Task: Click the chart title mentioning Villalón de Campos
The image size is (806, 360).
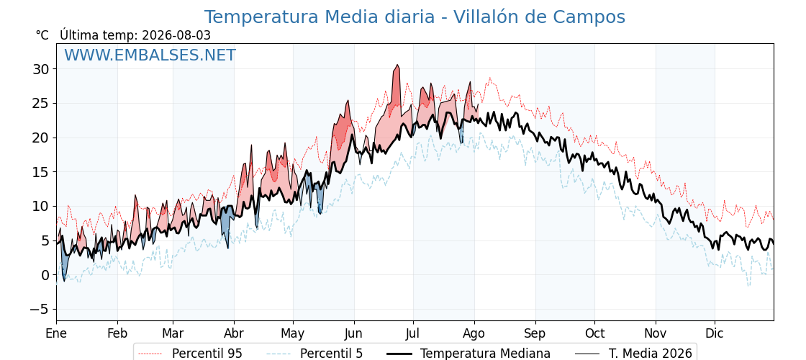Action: click(415, 17)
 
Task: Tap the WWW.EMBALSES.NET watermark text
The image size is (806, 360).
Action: click(150, 55)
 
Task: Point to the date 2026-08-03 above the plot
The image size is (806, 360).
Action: click(176, 35)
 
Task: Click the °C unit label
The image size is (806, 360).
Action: click(42, 35)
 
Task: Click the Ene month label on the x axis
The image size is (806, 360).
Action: click(56, 333)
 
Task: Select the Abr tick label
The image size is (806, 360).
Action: click(234, 333)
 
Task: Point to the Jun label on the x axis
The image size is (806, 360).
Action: click(353, 333)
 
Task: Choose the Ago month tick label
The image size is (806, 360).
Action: click(474, 333)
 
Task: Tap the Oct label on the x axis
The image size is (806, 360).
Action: click(594, 333)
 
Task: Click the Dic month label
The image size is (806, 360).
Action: click(715, 333)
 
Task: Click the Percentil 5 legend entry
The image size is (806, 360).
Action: click(314, 354)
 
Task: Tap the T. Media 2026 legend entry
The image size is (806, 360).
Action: click(633, 354)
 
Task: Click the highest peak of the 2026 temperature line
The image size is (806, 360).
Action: click(397, 65)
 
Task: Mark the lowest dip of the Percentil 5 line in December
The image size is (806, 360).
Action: click(748, 286)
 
